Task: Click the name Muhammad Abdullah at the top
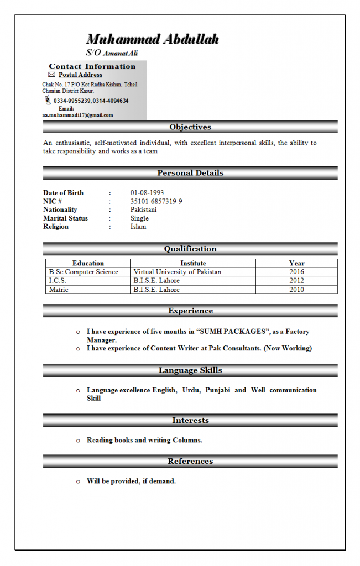tap(153, 39)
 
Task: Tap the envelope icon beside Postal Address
tap(51, 75)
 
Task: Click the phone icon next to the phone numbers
tap(48, 101)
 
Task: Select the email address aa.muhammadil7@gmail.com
tap(78, 115)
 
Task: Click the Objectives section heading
tap(190, 127)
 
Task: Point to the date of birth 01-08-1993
tap(147, 193)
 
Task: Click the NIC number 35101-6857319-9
tap(156, 201)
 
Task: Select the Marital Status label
tap(65, 218)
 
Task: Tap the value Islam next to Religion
tap(138, 227)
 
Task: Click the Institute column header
tap(193, 263)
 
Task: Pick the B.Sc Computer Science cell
tap(84, 272)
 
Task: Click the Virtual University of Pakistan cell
tap(178, 272)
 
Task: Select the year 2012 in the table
tap(296, 281)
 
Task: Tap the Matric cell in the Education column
tap(59, 290)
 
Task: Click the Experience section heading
tap(190, 311)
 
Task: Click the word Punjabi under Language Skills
tap(217, 390)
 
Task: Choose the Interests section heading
tap(190, 421)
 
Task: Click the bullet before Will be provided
tap(79, 481)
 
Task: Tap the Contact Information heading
tap(92, 66)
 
